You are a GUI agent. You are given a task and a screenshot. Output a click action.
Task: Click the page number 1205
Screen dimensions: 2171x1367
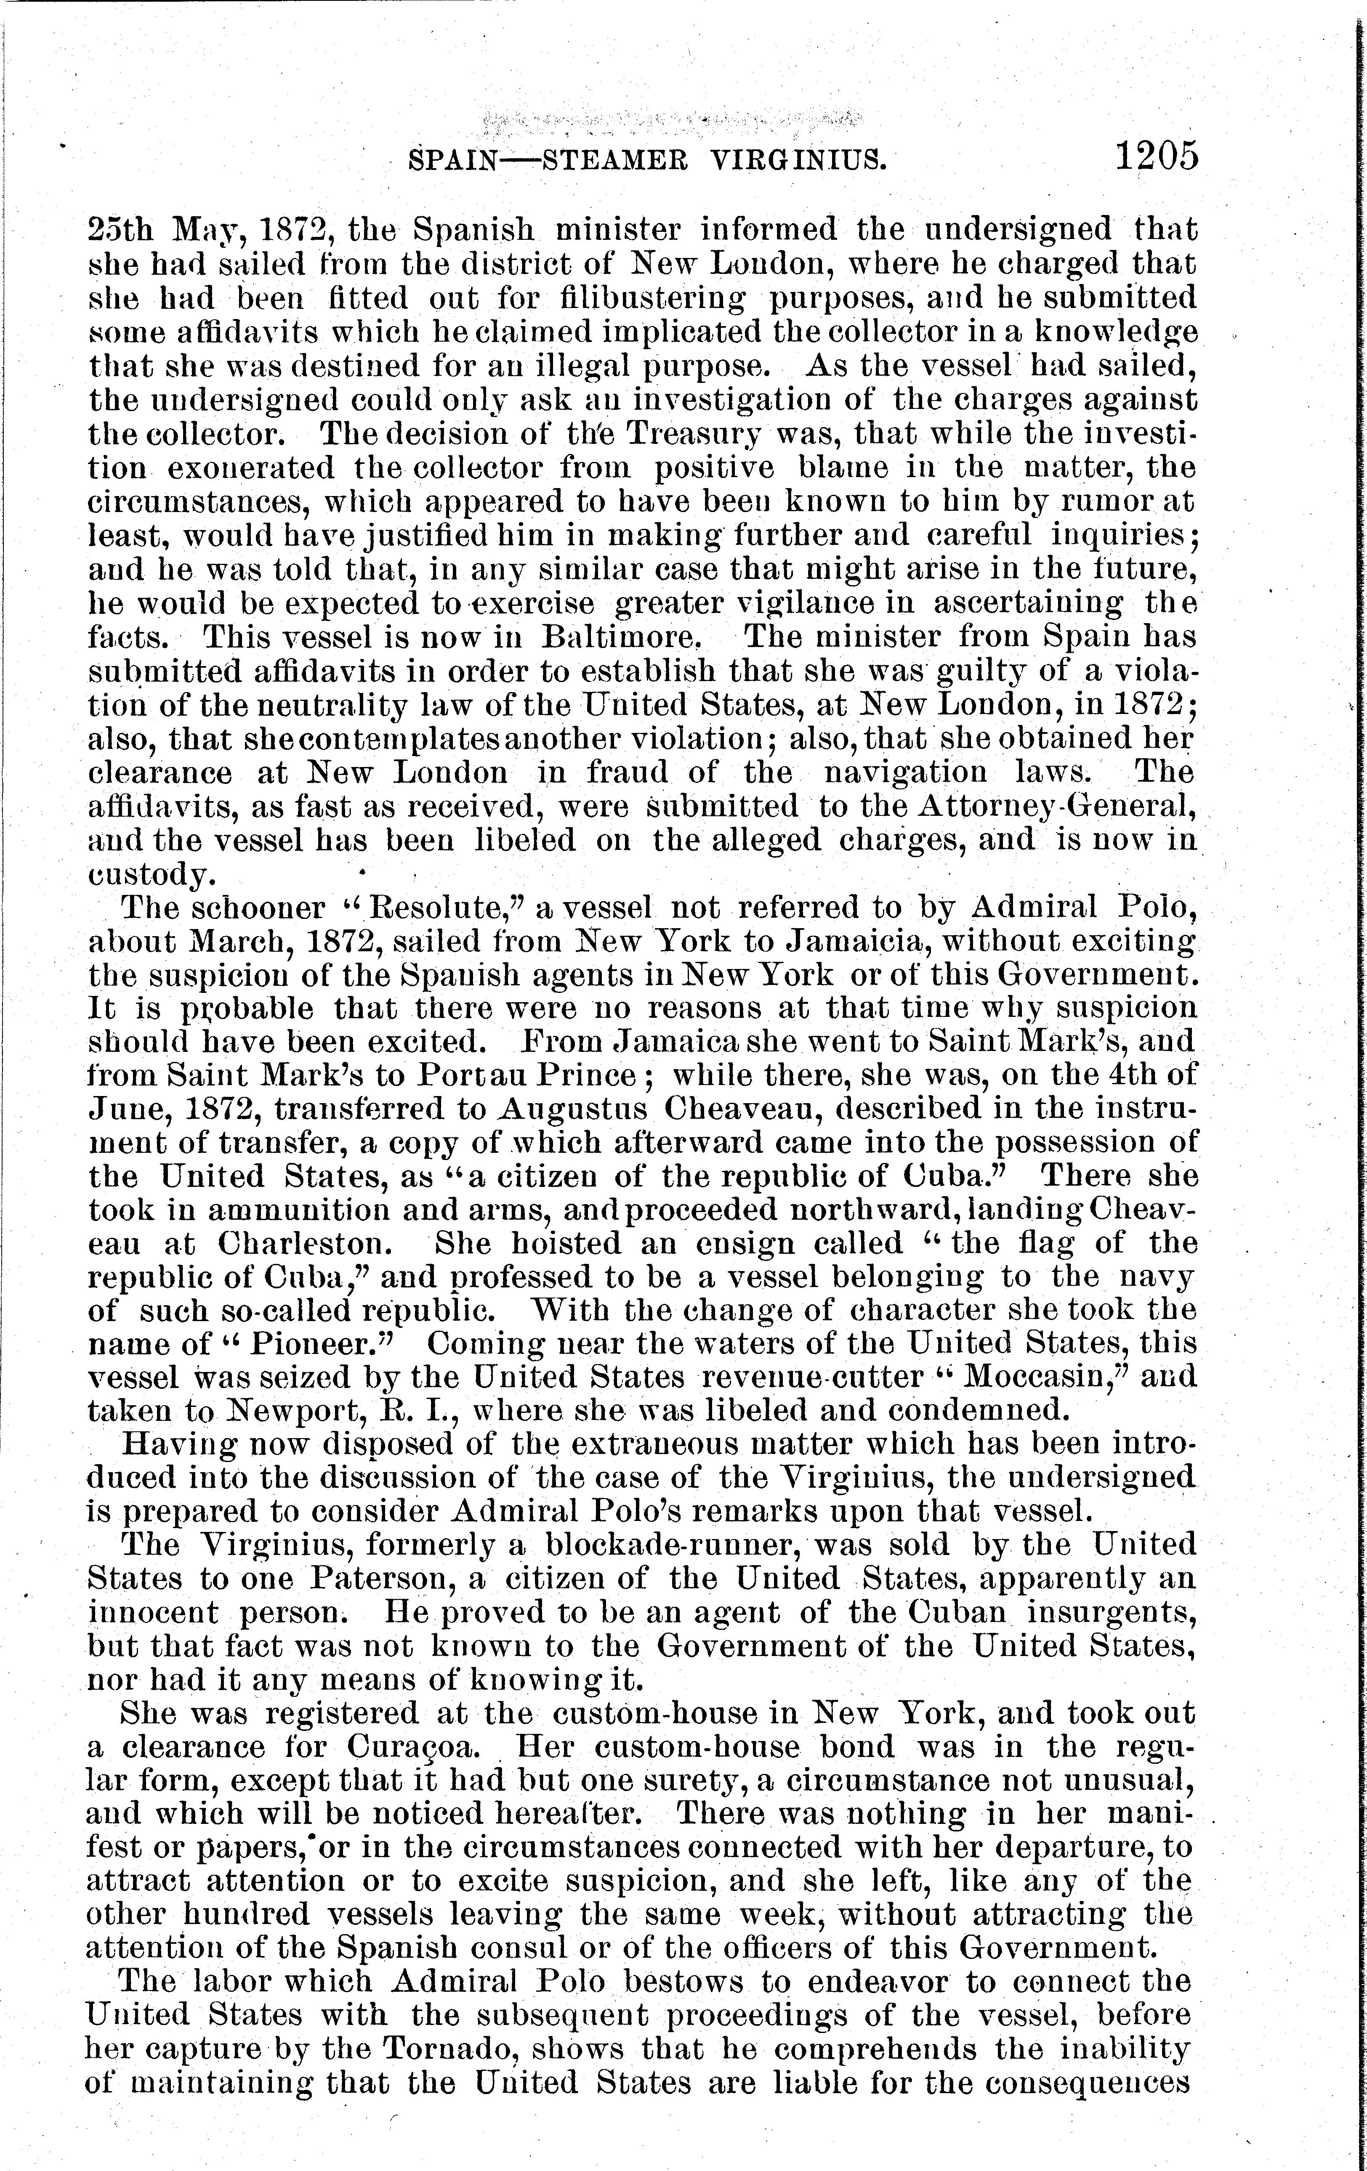pyautogui.click(x=1157, y=155)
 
